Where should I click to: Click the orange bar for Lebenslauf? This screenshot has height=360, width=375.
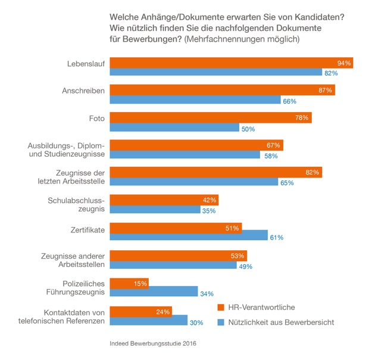click(231, 63)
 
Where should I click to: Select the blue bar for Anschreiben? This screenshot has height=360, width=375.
click(195, 100)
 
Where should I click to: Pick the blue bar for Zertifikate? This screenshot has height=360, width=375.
click(189, 237)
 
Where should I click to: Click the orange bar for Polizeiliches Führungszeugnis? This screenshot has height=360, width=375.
click(129, 283)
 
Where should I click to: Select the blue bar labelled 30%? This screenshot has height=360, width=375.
click(149, 321)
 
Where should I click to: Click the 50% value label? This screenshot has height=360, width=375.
click(248, 128)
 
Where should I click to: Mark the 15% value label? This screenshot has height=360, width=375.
click(139, 283)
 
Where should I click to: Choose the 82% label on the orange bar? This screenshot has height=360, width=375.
click(312, 172)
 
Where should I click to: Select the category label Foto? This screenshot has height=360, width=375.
click(96, 118)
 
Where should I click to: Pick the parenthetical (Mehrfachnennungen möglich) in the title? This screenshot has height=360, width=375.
click(242, 39)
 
